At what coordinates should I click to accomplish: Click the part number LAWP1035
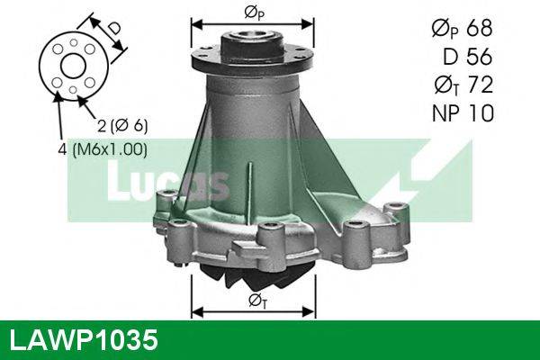point(83,340)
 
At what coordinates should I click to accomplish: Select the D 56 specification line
point(467,58)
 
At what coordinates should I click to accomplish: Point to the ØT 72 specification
point(461,85)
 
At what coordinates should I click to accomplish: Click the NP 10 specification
point(462,113)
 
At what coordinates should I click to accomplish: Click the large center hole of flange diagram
point(71,66)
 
